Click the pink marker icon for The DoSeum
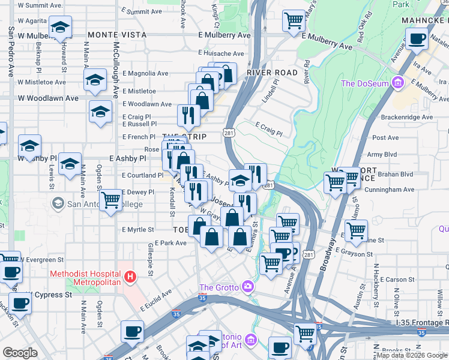click(x=396, y=83)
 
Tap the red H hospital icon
click(x=130, y=277)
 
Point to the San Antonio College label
click(x=104, y=204)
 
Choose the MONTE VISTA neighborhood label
click(x=117, y=35)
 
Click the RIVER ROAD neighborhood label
click(x=272, y=72)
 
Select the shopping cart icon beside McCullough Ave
click(x=111, y=200)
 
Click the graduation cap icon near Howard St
click(x=60, y=28)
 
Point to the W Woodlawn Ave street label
click(x=48, y=98)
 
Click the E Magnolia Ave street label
click(x=145, y=73)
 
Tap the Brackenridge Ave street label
click(x=411, y=117)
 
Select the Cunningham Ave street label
click(x=393, y=190)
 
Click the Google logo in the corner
click(x=20, y=353)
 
